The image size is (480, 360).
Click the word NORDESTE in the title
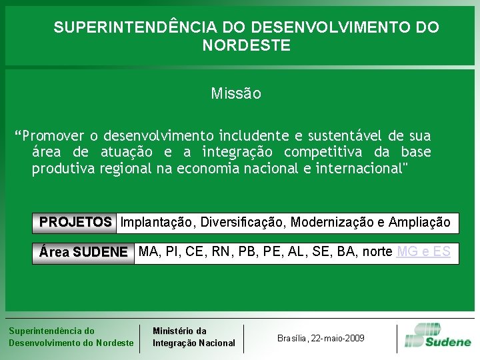point(246,45)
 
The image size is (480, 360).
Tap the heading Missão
point(236,93)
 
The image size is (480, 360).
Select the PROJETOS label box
point(75,222)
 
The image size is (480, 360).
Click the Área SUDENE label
point(83,253)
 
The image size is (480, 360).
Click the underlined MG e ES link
point(423,252)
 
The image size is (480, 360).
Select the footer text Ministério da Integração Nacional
point(193,337)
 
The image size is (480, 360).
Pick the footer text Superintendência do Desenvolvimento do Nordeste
point(71,337)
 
